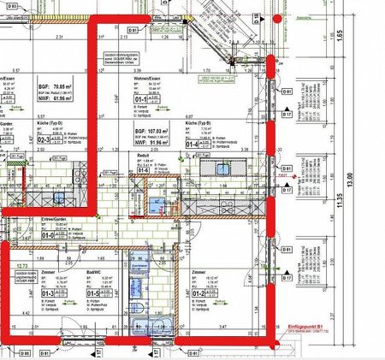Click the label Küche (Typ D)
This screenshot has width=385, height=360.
coord(49,125)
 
